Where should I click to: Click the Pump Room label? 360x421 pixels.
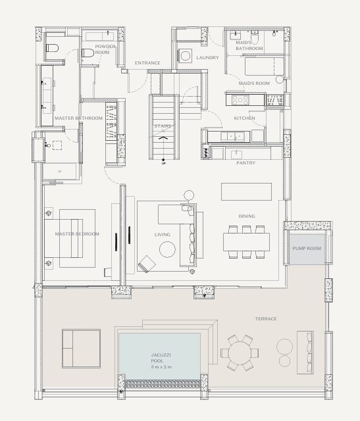307,249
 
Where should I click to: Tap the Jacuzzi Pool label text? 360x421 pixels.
161,361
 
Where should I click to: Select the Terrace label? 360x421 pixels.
266,318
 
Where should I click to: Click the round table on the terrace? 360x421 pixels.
240,353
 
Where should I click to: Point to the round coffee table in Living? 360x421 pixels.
167,249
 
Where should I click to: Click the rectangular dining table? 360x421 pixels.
246,242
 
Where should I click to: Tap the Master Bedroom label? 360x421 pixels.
77,234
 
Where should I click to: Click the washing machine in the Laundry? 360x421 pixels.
185,56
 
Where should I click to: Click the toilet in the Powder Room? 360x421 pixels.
88,53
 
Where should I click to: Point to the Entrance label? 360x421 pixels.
147,63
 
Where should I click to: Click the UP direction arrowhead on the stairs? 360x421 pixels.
163,138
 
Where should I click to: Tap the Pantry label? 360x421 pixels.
246,162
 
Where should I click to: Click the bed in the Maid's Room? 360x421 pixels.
264,66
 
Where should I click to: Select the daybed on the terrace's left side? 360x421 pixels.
81,349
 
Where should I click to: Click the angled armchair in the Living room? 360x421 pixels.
147,264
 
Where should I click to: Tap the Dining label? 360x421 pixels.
247,216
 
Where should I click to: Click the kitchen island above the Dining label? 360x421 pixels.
246,191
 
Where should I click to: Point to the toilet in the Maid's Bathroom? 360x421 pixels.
255,37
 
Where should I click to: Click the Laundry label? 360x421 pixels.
207,57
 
